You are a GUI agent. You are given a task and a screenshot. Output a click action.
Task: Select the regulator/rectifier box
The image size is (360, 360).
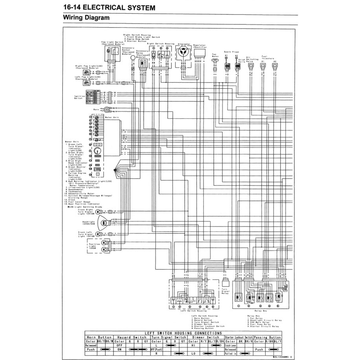coord(199,53)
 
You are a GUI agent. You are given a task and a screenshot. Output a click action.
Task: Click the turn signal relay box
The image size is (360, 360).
coord(225,282)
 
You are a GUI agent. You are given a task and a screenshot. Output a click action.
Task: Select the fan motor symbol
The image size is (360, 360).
coord(215,61)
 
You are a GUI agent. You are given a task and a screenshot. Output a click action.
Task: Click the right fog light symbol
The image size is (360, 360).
coord(94,72)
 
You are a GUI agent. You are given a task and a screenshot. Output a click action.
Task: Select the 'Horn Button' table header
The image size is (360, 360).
coord(99,337)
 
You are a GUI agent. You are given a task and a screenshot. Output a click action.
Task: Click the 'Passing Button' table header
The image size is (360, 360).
coord(267,337)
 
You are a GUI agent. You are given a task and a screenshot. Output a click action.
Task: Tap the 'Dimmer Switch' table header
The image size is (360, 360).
coord(207,337)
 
